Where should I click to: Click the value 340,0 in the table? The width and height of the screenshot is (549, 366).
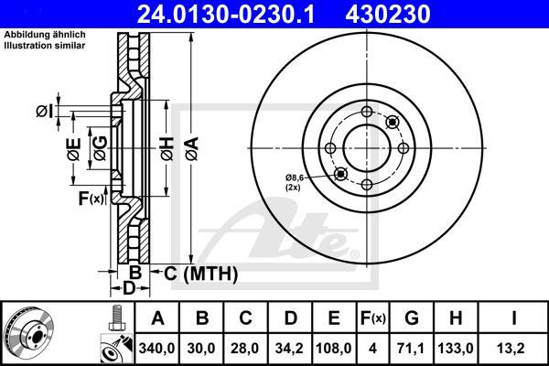pos(156,348)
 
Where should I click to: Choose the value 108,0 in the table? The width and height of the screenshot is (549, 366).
pos(332,348)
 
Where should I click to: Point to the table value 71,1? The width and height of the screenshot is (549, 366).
pos(413,348)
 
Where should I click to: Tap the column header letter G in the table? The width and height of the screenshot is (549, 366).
pos(413,318)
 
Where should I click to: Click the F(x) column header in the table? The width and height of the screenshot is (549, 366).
pos(372,318)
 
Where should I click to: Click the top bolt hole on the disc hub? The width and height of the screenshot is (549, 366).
pos(367,113)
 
